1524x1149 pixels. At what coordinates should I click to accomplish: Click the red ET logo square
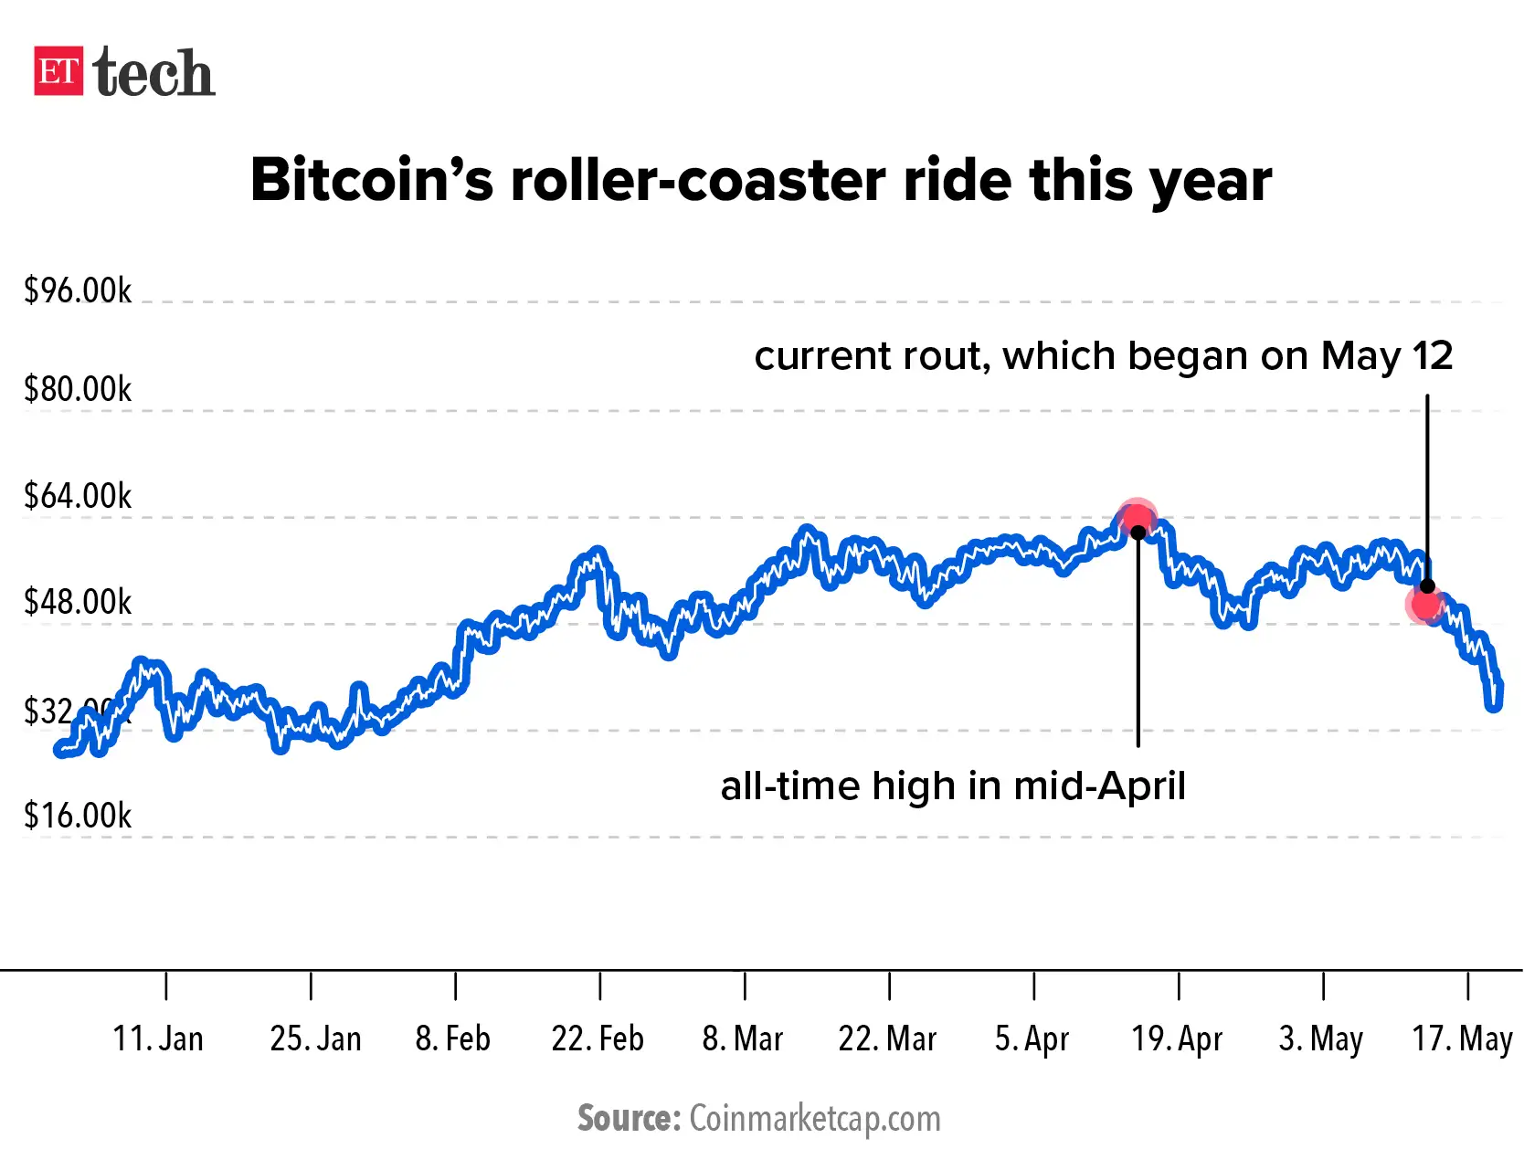tap(58, 71)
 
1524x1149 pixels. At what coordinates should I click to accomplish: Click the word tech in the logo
tap(153, 73)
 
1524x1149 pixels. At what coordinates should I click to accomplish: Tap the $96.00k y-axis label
tap(78, 290)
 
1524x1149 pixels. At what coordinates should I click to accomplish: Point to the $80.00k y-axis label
tap(78, 389)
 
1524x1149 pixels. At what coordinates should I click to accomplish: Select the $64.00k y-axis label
tap(78, 496)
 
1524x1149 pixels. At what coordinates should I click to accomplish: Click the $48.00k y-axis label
tap(78, 602)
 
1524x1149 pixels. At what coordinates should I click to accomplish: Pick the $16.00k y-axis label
tap(78, 816)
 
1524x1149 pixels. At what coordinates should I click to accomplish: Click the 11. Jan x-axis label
tap(158, 1038)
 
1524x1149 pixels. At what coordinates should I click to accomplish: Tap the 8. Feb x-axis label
tap(453, 1038)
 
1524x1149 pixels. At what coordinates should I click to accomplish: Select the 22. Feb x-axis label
tap(598, 1038)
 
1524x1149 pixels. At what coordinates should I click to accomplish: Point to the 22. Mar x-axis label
tap(887, 1038)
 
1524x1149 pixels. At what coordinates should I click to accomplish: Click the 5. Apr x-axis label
tap(1032, 1038)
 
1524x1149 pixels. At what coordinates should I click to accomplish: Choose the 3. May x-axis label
tap(1321, 1038)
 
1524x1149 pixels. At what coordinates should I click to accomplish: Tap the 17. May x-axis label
tap(1463, 1038)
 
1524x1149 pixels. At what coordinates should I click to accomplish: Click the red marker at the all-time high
tap(1138, 519)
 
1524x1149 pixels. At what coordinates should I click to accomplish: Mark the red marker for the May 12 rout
tap(1424, 604)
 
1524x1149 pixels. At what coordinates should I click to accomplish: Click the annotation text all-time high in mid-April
tap(953, 786)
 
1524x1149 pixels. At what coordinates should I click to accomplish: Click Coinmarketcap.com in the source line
tap(814, 1119)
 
